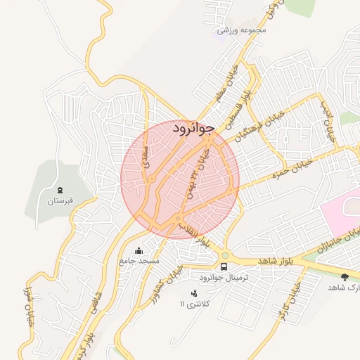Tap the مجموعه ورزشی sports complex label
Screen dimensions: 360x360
243,30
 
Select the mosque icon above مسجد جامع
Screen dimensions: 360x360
139,250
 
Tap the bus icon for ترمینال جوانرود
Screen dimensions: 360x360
224,266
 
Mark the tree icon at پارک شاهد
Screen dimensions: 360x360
345,277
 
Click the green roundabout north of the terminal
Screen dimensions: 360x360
225,255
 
